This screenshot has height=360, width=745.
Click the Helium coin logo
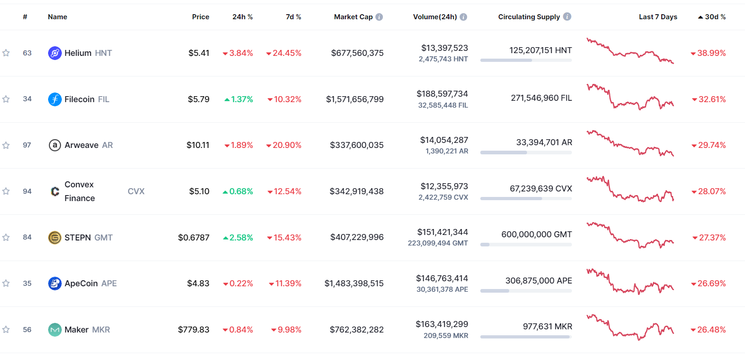pyautogui.click(x=54, y=53)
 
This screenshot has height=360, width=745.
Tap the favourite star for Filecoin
pyautogui.click(x=6, y=99)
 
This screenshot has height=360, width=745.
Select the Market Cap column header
pyautogui.click(x=353, y=17)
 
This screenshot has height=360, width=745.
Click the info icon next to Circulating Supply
pyautogui.click(x=567, y=16)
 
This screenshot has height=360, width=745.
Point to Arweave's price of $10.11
pyautogui.click(x=198, y=145)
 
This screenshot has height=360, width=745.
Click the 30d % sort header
pyautogui.click(x=712, y=17)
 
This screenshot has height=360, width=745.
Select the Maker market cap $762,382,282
pyautogui.click(x=357, y=330)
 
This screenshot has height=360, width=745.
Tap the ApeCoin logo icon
pyautogui.click(x=54, y=284)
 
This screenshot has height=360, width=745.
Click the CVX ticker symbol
pyautogui.click(x=136, y=191)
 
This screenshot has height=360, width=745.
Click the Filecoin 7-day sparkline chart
pyautogui.click(x=630, y=97)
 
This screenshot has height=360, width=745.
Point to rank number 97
pyautogui.click(x=27, y=145)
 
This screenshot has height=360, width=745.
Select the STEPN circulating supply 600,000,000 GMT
pyautogui.click(x=536, y=235)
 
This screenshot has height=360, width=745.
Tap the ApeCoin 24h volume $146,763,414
pyautogui.click(x=442, y=278)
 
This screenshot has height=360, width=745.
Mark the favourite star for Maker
pyautogui.click(x=6, y=330)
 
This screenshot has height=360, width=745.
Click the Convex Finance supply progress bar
pyautogui.click(x=526, y=199)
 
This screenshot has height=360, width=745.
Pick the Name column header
pyautogui.click(x=58, y=17)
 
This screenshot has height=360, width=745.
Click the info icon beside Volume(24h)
pyautogui.click(x=463, y=17)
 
